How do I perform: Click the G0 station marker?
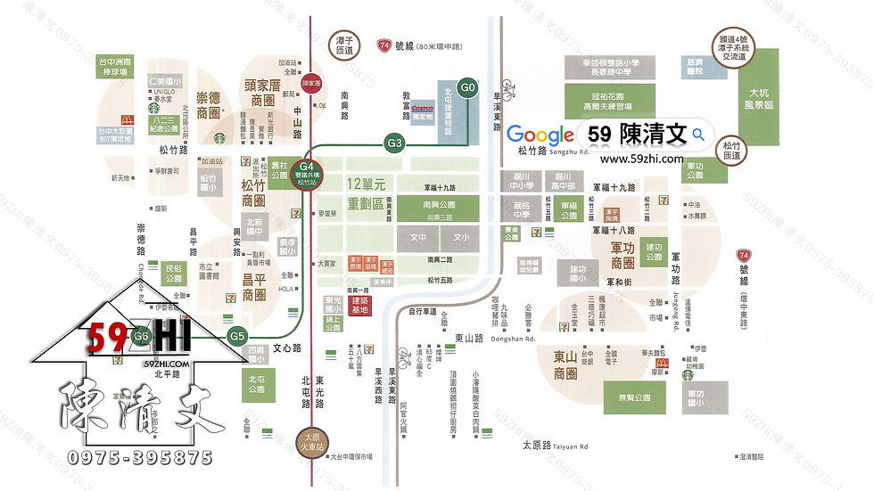468,87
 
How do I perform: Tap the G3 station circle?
395,142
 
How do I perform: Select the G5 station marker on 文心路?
236,337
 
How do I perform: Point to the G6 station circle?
140,337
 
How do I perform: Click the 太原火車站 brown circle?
309,443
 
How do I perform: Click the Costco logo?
423,106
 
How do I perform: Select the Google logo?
540,135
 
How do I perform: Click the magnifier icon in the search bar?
699,135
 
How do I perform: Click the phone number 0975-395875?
141,458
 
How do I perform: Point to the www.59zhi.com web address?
641,160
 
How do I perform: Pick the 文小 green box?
460,238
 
